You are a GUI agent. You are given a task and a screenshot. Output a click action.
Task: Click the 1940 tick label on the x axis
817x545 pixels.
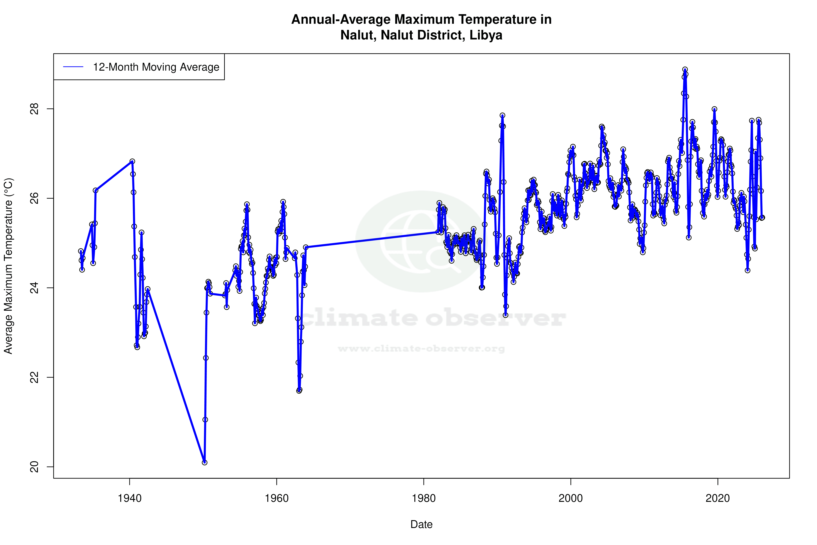click(x=130, y=498)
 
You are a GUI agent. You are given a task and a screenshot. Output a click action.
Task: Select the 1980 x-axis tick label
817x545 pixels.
click(x=424, y=498)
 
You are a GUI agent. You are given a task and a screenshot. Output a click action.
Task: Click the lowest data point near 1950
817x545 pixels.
click(x=205, y=462)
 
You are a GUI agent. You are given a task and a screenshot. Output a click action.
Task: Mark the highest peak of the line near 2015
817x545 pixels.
click(x=685, y=70)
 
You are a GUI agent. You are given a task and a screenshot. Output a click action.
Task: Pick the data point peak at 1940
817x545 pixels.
click(x=132, y=161)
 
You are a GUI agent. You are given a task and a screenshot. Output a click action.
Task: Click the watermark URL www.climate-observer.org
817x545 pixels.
click(x=421, y=349)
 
